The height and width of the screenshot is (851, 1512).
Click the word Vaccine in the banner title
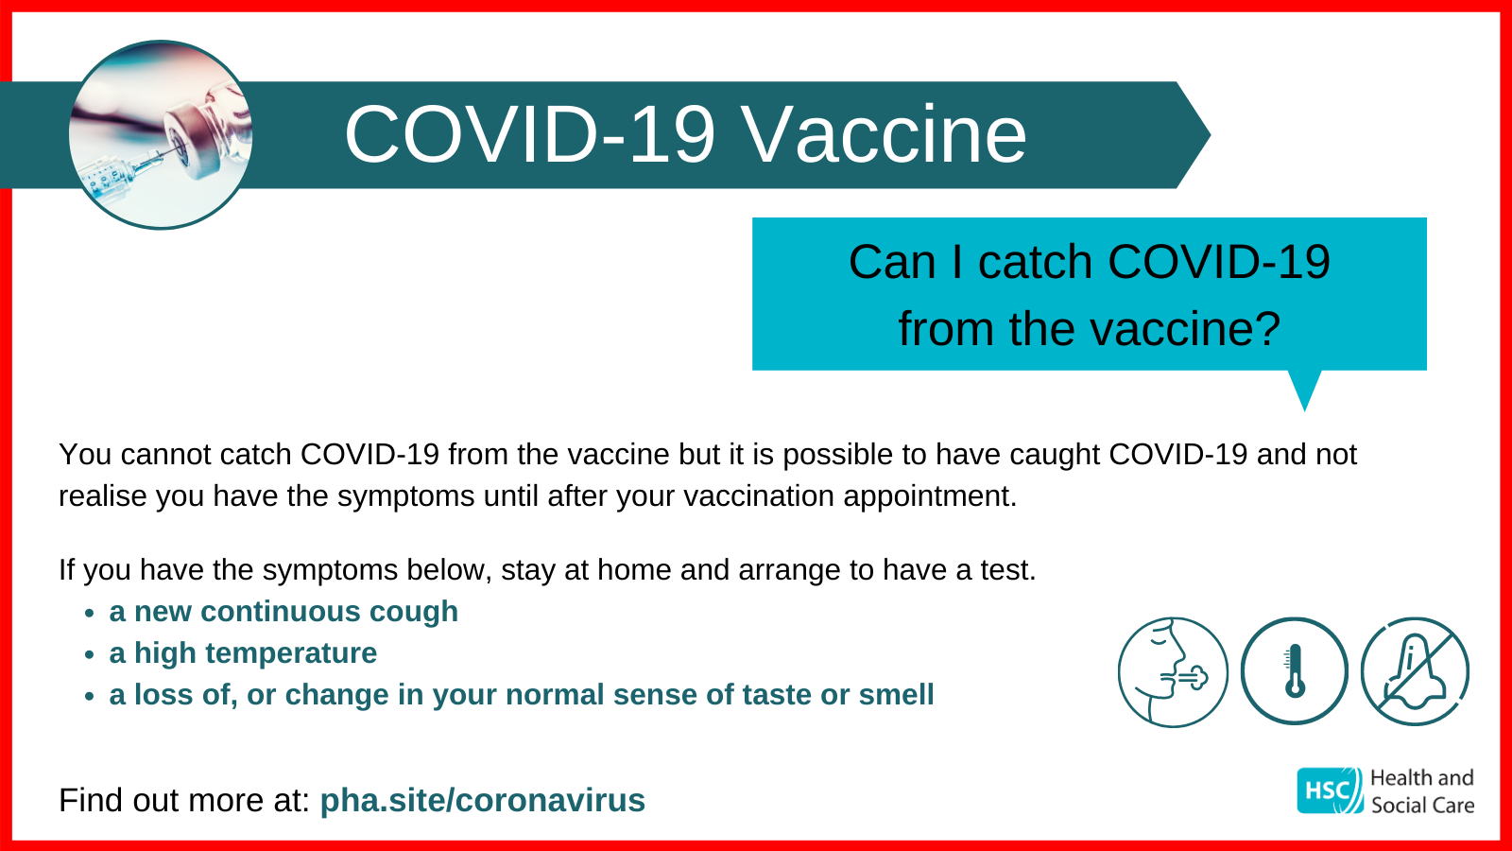pos(885,134)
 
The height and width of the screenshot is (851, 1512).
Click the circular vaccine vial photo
pos(161,134)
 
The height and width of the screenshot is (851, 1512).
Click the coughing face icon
pos(1173,672)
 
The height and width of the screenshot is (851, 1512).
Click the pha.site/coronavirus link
pos(483,800)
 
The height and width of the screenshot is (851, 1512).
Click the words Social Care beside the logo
pos(1422,805)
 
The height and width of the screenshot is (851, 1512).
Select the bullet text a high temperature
pos(243,653)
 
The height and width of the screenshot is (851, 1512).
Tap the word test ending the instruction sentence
pos(1007,570)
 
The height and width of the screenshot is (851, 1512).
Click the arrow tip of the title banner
pos(1211,135)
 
